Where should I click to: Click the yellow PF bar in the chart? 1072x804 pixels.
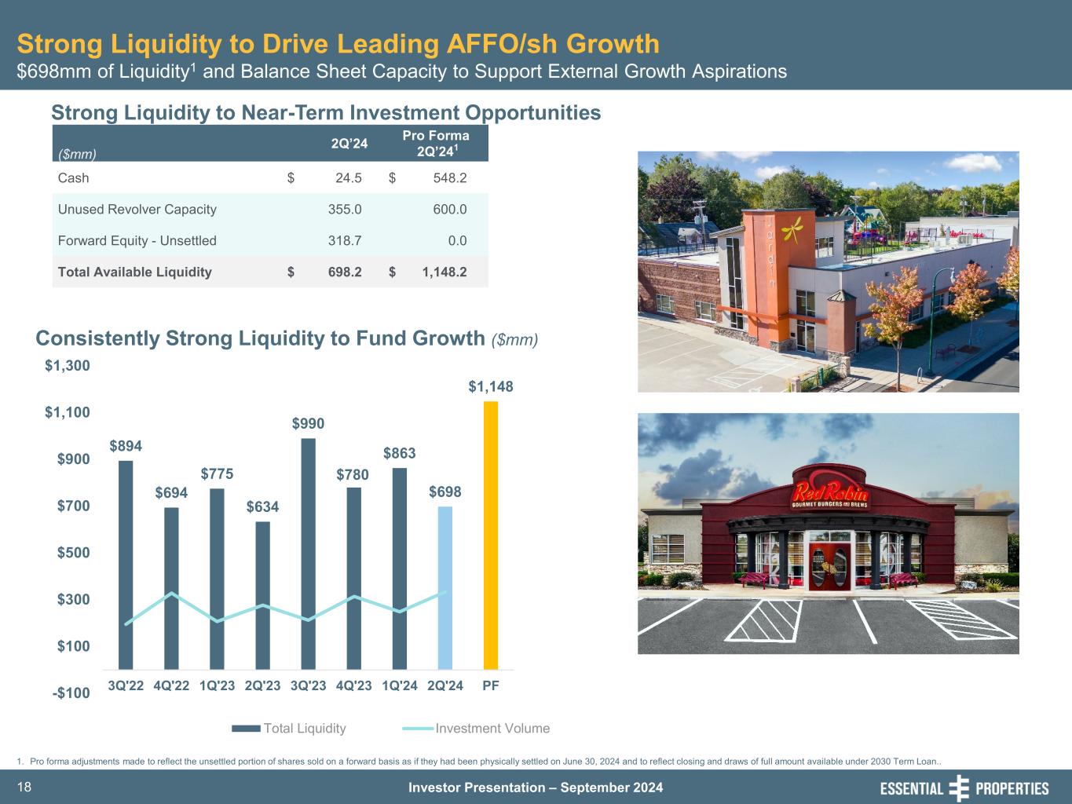(x=490, y=535)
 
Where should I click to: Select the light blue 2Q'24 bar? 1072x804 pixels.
(x=445, y=587)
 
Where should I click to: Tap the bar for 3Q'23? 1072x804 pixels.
(x=308, y=554)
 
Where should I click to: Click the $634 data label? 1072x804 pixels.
(x=262, y=507)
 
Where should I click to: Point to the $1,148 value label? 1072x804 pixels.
(x=491, y=386)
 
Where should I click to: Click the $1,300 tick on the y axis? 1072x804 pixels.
(x=68, y=366)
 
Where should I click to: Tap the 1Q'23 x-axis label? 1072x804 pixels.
(x=217, y=685)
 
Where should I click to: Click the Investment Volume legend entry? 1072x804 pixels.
(x=492, y=729)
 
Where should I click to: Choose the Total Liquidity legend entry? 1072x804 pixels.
(x=304, y=729)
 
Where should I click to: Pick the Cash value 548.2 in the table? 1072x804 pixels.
(x=450, y=178)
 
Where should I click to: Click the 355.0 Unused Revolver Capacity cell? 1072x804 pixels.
(x=345, y=210)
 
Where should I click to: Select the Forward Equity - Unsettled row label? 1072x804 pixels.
(x=137, y=241)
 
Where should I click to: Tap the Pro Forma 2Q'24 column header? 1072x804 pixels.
(x=436, y=143)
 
